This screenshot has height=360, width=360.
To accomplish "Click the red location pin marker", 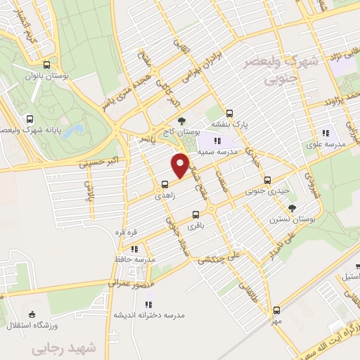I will click(x=181, y=165).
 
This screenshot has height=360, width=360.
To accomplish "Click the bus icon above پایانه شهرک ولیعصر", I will click(x=29, y=120).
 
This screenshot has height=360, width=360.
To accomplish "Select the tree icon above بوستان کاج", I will click(x=181, y=120).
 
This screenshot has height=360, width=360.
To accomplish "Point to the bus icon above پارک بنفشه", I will click(x=229, y=112).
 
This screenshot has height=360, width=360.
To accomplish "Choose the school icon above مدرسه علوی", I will click(x=325, y=132).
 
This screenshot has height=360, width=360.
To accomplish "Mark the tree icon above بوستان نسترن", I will click(x=291, y=207).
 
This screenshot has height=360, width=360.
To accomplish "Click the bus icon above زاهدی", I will click(x=165, y=184).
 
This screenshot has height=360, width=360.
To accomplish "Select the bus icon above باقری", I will click(x=195, y=214).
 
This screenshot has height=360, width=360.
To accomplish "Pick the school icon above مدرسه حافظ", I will click(x=134, y=249).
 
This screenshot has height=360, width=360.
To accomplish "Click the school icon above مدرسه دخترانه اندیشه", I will click(x=148, y=304).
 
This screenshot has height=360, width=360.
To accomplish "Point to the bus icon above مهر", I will click(x=276, y=309).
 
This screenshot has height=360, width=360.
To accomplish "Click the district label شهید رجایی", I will click(x=53, y=348).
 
